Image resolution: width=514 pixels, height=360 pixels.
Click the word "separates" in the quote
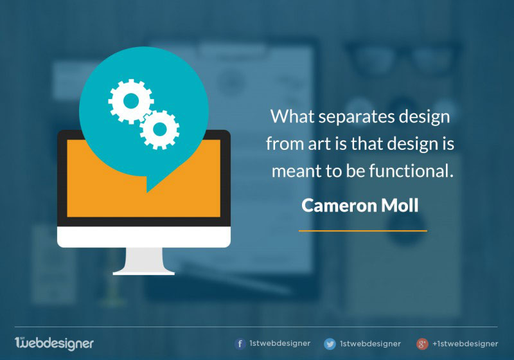(357, 118)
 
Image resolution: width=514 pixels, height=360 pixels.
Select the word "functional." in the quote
(411, 171)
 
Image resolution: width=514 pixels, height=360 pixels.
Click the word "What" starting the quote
(292, 116)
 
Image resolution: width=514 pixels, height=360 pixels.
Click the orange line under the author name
(363, 231)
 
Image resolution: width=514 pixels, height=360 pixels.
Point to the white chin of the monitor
(144, 237)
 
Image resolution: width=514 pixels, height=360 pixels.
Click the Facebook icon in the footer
(240, 343)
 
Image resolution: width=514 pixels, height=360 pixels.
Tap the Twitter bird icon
(330, 344)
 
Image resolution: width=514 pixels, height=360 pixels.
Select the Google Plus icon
(422, 344)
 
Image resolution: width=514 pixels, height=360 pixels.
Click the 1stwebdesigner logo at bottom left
(54, 343)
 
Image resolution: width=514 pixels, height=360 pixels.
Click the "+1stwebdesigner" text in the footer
(465, 343)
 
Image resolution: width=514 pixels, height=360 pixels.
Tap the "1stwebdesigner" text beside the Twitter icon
(371, 343)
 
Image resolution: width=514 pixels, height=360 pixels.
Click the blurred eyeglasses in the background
(403, 57)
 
